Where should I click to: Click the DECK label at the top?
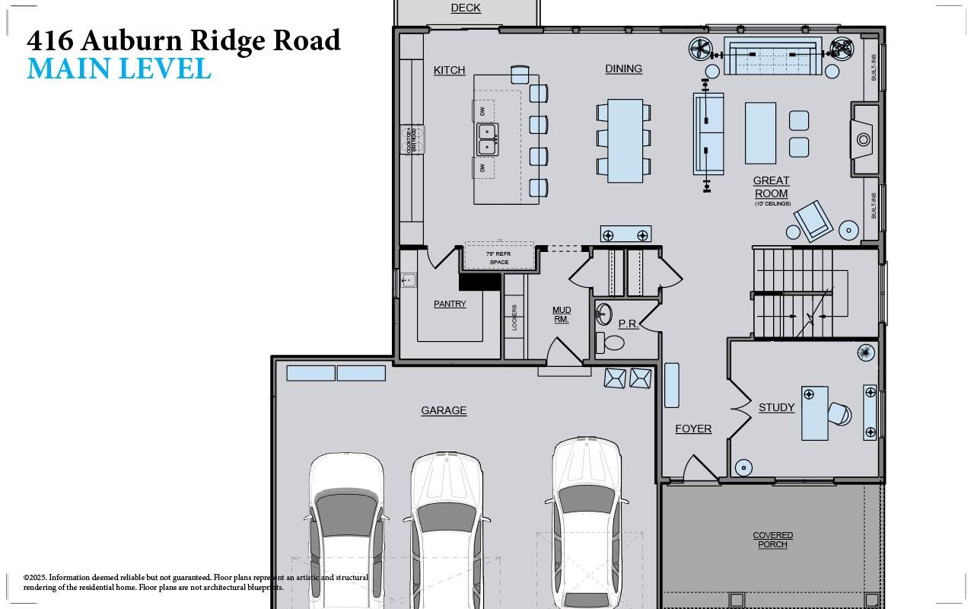click(x=466, y=8)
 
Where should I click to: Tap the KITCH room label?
click(x=449, y=70)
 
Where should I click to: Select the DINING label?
click(x=623, y=69)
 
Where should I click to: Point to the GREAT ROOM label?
click(x=771, y=187)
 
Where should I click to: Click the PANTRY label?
click(x=450, y=304)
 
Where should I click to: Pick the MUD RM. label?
click(x=562, y=314)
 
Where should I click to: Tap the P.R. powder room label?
click(x=628, y=324)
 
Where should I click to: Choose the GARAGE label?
click(x=444, y=410)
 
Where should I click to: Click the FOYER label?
click(x=693, y=429)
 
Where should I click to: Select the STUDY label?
click(x=776, y=407)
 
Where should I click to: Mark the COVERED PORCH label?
click(x=773, y=540)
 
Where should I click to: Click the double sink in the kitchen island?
click(x=487, y=139)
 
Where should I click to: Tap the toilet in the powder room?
click(x=610, y=342)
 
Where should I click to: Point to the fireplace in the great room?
click(x=864, y=140)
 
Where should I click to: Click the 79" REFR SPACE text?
click(x=499, y=257)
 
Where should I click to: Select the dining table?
click(x=625, y=141)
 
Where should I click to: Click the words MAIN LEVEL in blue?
click(x=119, y=68)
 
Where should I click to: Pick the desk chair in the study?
click(x=839, y=414)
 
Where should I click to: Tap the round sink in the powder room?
click(x=604, y=314)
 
